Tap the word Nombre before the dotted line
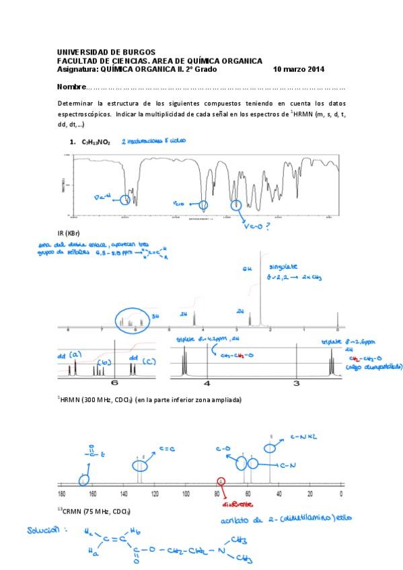71,87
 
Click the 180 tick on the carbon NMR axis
61,493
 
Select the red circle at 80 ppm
221,481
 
